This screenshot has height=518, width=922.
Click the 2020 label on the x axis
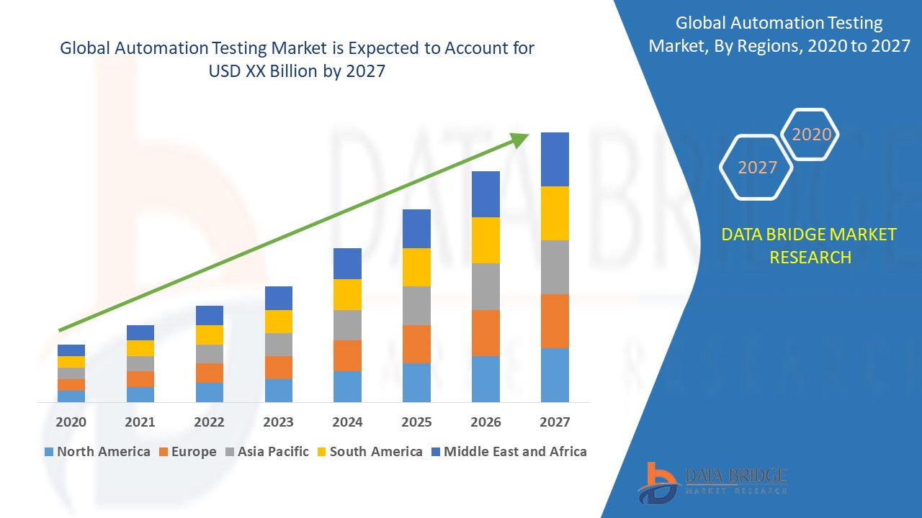tap(71, 422)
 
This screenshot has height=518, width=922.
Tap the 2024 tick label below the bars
tap(347, 422)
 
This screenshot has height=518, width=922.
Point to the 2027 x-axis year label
tap(555, 422)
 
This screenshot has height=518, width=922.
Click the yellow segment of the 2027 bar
tap(555, 213)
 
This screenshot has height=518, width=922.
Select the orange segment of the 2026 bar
tap(485, 332)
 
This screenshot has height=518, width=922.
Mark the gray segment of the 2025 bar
tap(416, 306)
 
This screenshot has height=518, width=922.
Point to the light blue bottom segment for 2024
tap(347, 386)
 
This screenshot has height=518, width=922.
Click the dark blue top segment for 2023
tap(279, 298)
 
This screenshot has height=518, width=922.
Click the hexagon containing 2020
tap(811, 135)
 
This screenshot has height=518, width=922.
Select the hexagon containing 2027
tap(757, 168)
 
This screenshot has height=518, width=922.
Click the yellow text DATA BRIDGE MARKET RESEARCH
tap(810, 245)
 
